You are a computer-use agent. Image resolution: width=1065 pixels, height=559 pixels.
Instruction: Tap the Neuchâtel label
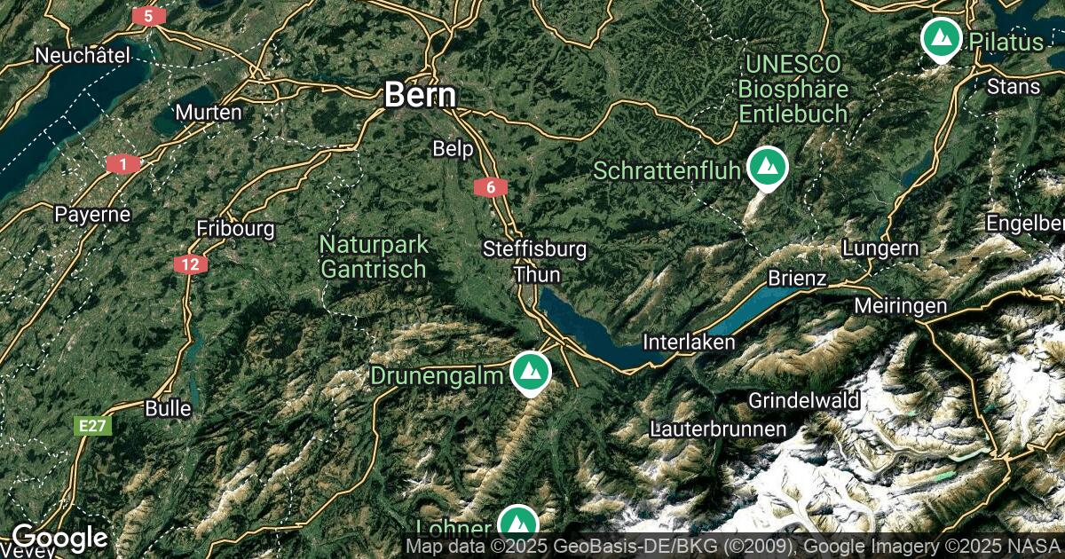tap(83, 56)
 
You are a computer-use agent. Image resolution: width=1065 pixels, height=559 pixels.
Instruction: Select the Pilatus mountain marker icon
tap(941, 39)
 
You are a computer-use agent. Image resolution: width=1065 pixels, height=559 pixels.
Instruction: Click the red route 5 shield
tap(148, 16)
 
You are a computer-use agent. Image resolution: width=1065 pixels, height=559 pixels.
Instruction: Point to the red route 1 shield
tap(122, 164)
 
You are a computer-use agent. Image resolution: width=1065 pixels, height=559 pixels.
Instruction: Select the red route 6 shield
tap(491, 187)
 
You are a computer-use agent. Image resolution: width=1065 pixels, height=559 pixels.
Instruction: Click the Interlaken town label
tap(689, 342)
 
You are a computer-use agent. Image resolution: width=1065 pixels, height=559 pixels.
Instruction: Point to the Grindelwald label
tap(804, 400)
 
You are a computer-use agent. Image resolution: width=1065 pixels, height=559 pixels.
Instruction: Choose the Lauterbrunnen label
tap(717, 429)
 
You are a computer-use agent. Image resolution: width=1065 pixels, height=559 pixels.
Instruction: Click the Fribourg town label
tap(235, 228)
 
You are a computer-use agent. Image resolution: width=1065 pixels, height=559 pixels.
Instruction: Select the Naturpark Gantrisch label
tap(374, 256)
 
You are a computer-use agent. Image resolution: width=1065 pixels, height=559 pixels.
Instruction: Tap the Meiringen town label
tap(900, 306)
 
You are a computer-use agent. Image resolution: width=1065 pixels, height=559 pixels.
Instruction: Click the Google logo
tap(59, 538)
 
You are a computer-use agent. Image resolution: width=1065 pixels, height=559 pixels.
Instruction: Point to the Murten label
tap(209, 113)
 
